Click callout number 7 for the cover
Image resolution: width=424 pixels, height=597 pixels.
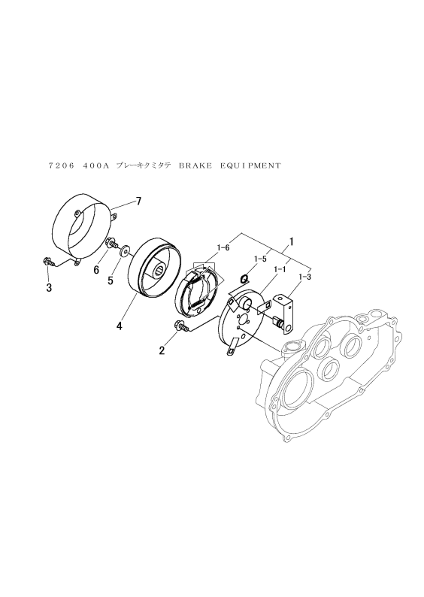click(138, 201)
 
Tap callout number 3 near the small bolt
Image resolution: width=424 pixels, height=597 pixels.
click(49, 288)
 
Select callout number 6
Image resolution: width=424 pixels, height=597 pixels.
click(96, 270)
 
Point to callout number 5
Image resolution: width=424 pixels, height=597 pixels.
click(111, 280)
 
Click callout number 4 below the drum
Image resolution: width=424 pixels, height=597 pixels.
click(120, 326)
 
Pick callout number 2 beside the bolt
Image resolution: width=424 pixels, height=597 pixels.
click(162, 350)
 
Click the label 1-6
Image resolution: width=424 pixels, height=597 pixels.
click(223, 248)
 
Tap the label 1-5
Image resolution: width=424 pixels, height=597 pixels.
click(259, 259)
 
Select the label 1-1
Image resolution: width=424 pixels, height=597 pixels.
click(280, 269)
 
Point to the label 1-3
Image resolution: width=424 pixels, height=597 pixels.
click(305, 277)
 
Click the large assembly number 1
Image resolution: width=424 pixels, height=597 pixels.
click(292, 241)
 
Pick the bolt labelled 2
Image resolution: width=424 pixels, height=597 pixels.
click(181, 326)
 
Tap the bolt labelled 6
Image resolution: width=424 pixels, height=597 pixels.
click(112, 243)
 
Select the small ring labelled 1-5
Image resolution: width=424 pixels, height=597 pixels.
click(245, 279)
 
